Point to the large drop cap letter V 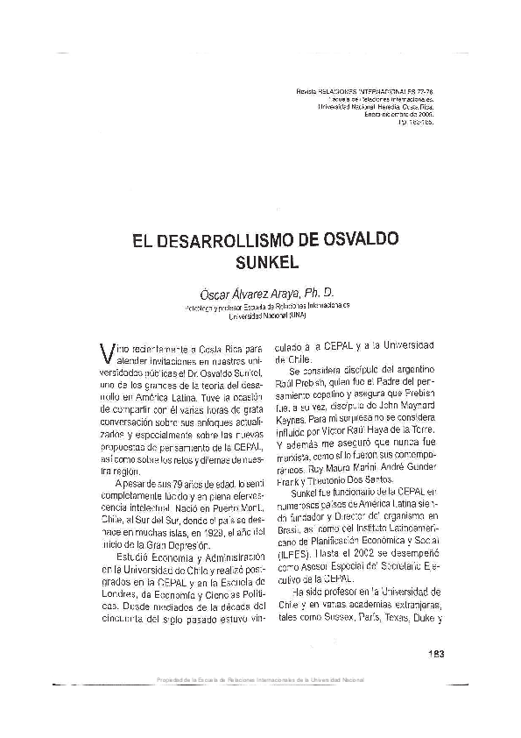(107, 352)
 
